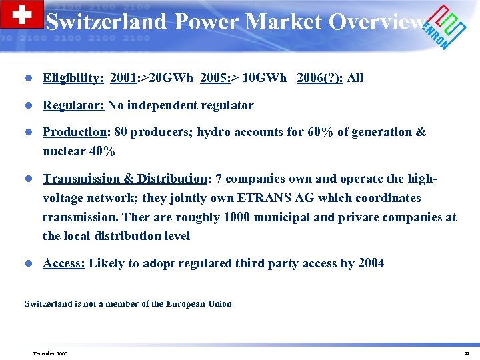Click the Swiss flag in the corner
22,15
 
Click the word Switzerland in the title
105,22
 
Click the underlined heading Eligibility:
73,78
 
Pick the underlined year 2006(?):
321,78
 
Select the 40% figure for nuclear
102,151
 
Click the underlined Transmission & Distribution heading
125,179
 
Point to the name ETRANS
258,198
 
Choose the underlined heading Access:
64,263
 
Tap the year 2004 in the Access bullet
371,263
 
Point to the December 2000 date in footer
51,353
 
